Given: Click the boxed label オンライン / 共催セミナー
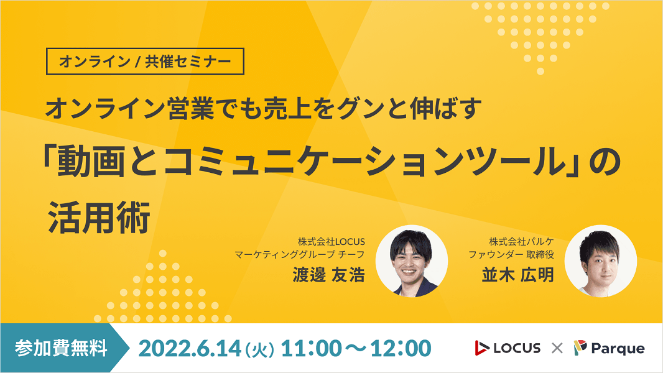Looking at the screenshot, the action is [x=145, y=62].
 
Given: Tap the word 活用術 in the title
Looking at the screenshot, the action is [x=100, y=218].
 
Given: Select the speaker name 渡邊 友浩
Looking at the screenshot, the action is [x=328, y=275].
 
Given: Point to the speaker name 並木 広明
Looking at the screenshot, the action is [x=518, y=275].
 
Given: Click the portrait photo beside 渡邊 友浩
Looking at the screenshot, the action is [x=411, y=260].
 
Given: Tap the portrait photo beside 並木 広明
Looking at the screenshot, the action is [x=601, y=260].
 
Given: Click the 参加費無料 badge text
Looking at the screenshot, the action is [x=61, y=348].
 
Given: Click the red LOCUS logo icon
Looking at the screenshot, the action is [x=481, y=348].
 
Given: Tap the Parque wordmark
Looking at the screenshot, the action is [x=618, y=349].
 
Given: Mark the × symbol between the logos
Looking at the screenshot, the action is [x=557, y=348].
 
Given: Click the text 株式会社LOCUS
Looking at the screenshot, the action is [x=331, y=242].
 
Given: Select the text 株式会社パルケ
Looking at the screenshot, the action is [x=521, y=242].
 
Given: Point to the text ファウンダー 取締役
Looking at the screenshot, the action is [x=511, y=254].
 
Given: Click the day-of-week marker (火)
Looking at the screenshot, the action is [x=259, y=350].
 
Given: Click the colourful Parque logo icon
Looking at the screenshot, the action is [x=580, y=348].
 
